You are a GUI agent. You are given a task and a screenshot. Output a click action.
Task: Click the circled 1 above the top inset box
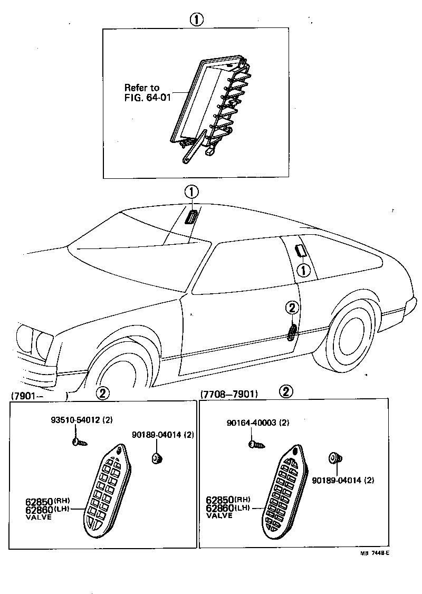196,20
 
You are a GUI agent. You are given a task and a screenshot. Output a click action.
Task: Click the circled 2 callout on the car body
293,309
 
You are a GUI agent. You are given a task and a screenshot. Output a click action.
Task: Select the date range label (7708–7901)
229,394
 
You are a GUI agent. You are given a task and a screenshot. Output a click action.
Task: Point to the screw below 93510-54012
79,442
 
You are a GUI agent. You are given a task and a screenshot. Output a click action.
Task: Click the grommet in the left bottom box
157,458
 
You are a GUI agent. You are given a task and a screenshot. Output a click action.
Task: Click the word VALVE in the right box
219,515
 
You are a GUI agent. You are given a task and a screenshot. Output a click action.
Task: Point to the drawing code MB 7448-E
375,553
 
